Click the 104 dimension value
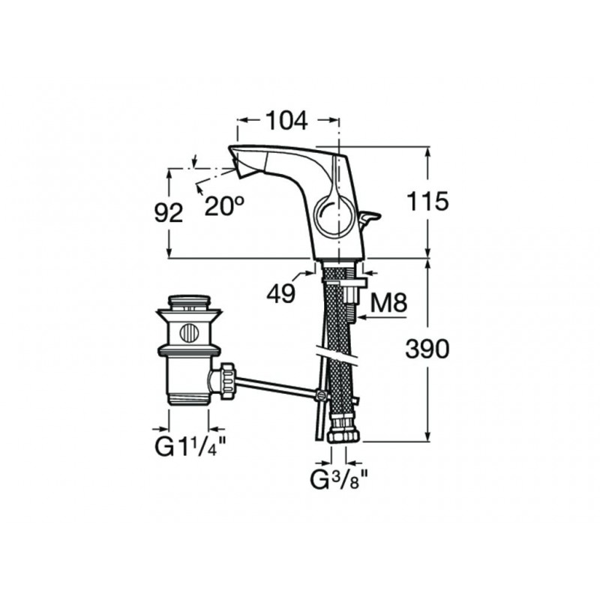point(286,121)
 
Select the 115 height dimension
point(427,201)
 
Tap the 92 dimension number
point(169,213)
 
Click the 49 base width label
point(281,294)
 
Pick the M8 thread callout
point(389,303)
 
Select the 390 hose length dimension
point(427,349)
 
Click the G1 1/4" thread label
point(190,446)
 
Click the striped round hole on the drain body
point(190,332)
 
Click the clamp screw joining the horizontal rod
point(322,395)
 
